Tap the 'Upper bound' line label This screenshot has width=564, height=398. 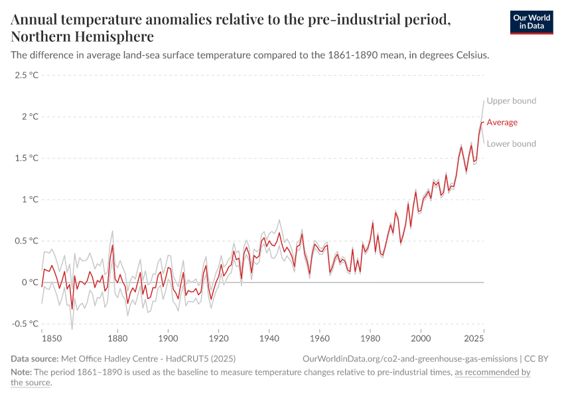coord(511,101)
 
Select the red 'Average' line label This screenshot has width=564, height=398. coord(502,122)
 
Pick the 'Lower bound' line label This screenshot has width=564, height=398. coord(511,144)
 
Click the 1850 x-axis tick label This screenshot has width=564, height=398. coord(42,337)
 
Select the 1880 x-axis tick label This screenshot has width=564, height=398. coord(117,337)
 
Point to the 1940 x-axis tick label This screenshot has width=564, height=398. coord(269,337)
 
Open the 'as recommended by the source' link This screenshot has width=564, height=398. coord(492,373)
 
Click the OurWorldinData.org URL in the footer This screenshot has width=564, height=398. coord(409,359)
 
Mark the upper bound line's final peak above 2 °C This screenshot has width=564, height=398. coord(484,100)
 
